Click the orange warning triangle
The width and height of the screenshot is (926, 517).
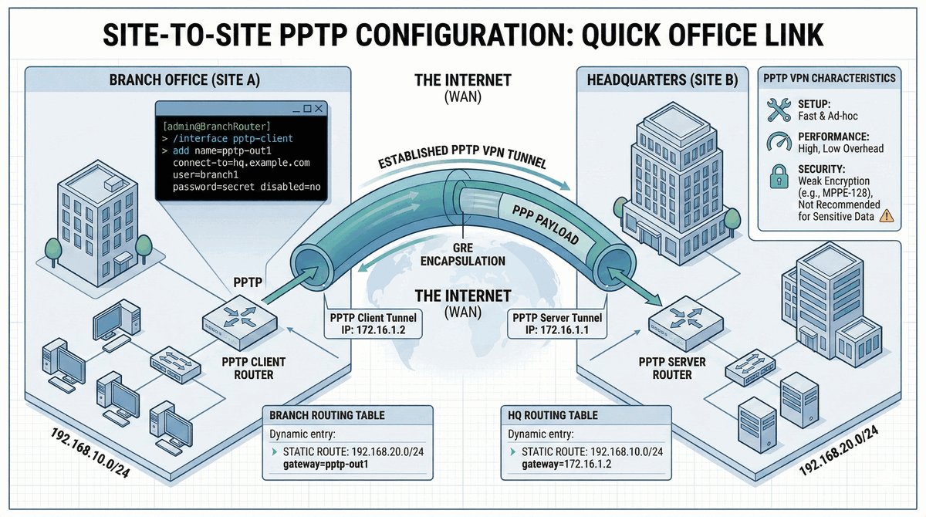(x=886, y=217)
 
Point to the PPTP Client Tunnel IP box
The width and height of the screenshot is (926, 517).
(x=373, y=324)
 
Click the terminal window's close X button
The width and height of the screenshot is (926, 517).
(x=319, y=110)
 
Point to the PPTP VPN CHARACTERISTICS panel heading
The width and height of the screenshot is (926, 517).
(x=829, y=79)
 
